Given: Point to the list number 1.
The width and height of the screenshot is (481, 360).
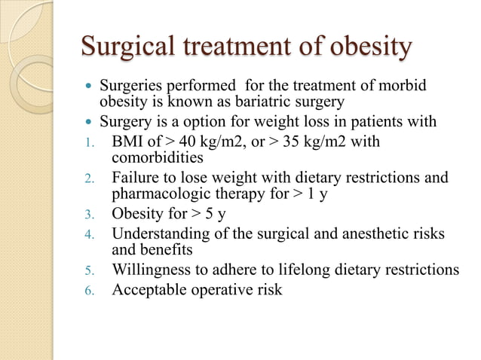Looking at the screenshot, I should pyautogui.click(x=85, y=142).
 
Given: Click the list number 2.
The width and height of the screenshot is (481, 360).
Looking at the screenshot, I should pyautogui.click(x=87, y=178).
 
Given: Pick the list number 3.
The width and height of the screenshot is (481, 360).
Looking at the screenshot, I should pyautogui.click(x=87, y=214).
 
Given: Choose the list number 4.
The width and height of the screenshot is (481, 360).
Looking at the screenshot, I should pyautogui.click(x=87, y=233).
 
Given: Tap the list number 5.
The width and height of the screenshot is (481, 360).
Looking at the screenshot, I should pyautogui.click(x=87, y=270).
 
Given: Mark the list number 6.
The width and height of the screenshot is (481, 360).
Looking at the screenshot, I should pyautogui.click(x=87, y=288).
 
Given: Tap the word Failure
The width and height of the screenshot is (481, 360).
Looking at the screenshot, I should pyautogui.click(x=136, y=178).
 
